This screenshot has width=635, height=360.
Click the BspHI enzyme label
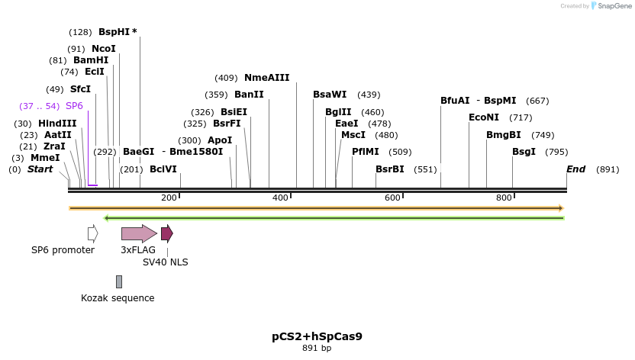pyautogui.click(x=115, y=32)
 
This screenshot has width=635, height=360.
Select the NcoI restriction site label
pyautogui.click(x=104, y=49)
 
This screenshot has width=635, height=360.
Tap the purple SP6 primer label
pyautogui.click(x=74, y=106)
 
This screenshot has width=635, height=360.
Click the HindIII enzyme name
pyautogui.click(x=57, y=124)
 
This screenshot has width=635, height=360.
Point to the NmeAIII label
pyautogui.click(x=266, y=78)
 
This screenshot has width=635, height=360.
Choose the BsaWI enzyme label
pyautogui.click(x=330, y=95)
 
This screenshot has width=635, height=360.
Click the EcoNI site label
pyautogui.click(x=484, y=117)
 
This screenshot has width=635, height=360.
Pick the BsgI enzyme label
pyautogui.click(x=524, y=152)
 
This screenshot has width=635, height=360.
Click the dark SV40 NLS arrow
pyautogui.click(x=166, y=233)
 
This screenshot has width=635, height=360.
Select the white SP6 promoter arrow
pyautogui.click(x=92, y=233)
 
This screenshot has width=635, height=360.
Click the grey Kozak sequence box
pyautogui.click(x=119, y=281)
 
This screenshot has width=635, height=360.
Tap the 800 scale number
pyautogui.click(x=504, y=198)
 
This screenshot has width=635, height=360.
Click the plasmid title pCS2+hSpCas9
pyautogui.click(x=317, y=336)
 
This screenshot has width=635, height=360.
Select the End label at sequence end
pyautogui.click(x=575, y=169)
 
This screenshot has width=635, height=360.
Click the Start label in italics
pyautogui.click(x=40, y=169)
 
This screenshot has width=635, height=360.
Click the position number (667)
pyautogui.click(x=537, y=101)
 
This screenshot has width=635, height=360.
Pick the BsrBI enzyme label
pyautogui.click(x=390, y=169)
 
